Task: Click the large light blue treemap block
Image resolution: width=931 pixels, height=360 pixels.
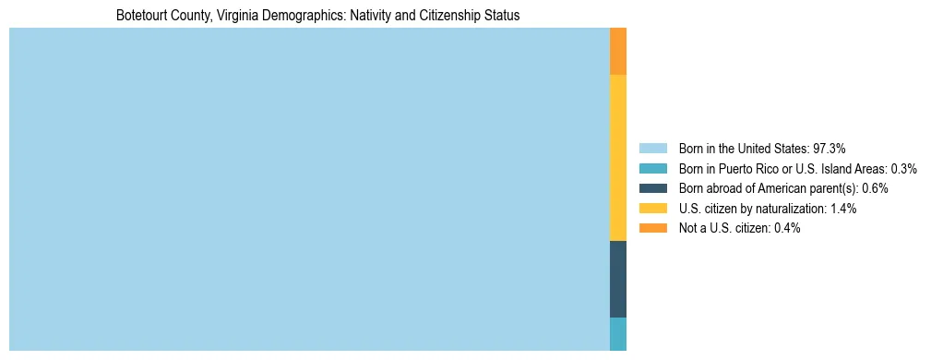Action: tap(309, 189)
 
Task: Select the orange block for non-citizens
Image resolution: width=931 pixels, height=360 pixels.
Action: tap(618, 51)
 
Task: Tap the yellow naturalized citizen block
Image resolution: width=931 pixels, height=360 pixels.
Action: tap(618, 157)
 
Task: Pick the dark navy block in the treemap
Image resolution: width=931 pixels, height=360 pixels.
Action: tap(618, 279)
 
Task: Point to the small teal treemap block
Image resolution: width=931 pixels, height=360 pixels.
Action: tap(618, 334)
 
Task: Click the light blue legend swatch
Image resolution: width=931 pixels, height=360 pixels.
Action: tap(652, 148)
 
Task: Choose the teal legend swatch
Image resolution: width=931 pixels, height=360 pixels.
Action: tap(652, 168)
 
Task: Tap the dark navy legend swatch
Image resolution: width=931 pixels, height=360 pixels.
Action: tap(652, 188)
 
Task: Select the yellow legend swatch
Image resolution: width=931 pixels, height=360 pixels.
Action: tap(652, 209)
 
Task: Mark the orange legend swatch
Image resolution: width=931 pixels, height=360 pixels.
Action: tap(652, 229)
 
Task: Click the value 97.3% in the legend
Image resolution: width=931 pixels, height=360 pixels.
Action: tap(829, 148)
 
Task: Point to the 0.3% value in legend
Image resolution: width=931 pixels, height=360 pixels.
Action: tap(903, 168)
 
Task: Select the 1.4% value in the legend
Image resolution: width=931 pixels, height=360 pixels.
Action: tap(842, 209)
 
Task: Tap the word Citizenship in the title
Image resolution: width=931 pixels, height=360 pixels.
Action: tap(453, 16)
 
